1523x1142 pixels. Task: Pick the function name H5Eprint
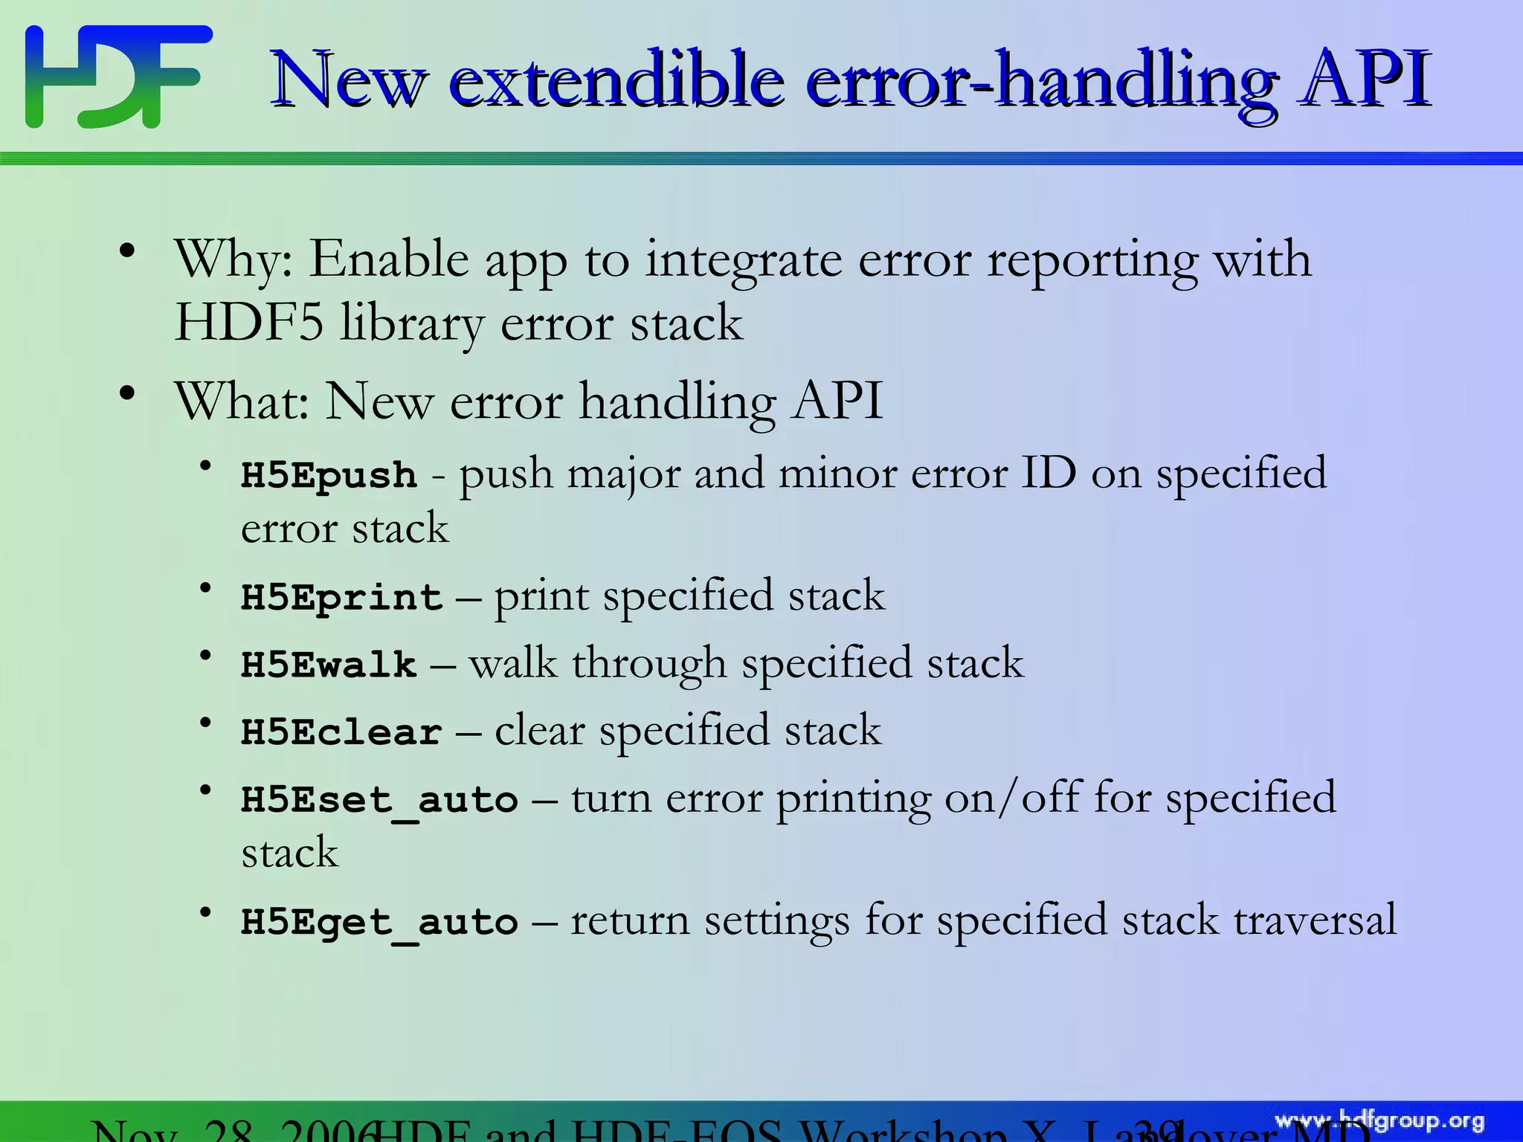click(341, 598)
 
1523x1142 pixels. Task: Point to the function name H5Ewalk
click(329, 665)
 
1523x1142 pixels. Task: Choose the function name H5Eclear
click(341, 732)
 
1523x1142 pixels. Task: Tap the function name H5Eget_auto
click(379, 923)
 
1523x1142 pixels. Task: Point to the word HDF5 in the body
click(248, 323)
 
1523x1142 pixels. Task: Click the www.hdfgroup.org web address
click(1379, 1121)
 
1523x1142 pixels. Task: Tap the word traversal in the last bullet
click(1315, 920)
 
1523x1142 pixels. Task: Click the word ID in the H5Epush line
click(1048, 473)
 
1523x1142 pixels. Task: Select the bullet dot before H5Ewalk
click(206, 655)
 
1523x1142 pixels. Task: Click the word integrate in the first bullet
click(744, 261)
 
